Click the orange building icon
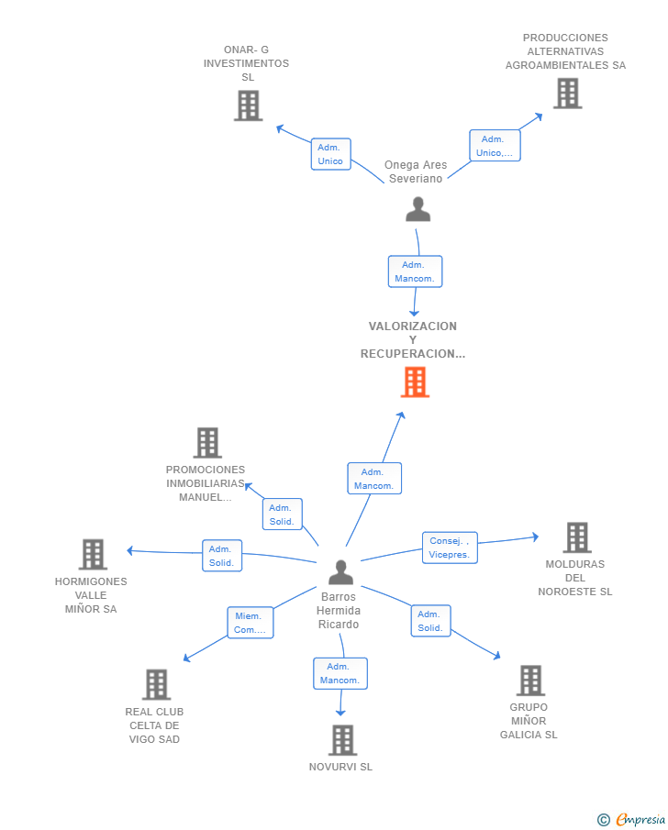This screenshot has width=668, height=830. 415,382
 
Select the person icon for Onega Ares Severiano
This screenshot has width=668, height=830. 418,209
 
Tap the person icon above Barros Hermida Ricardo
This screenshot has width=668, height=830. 340,572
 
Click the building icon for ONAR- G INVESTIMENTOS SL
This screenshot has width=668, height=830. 249,105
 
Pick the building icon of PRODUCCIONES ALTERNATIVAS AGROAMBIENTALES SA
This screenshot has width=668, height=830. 567,94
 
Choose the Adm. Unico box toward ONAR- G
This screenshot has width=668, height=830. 330,154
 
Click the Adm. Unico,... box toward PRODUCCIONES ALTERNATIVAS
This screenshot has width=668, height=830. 495,146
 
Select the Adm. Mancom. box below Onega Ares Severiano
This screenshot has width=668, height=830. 415,271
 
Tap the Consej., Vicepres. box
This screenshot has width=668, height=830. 450,548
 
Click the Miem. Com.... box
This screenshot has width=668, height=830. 250,623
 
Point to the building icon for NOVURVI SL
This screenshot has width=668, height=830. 343,739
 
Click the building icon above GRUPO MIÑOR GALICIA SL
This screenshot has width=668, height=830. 530,681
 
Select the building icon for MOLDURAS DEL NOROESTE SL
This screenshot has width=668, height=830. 577,537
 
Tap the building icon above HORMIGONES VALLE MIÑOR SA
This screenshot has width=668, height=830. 93,554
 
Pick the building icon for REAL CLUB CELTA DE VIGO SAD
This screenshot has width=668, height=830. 157,684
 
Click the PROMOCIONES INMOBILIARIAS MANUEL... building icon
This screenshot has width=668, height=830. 207,443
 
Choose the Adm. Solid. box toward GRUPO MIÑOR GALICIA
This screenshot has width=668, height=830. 430,620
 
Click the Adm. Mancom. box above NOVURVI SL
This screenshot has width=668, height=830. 340,673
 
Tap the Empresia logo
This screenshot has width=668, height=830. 631,819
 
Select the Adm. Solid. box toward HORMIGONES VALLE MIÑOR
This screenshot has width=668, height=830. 222,555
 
